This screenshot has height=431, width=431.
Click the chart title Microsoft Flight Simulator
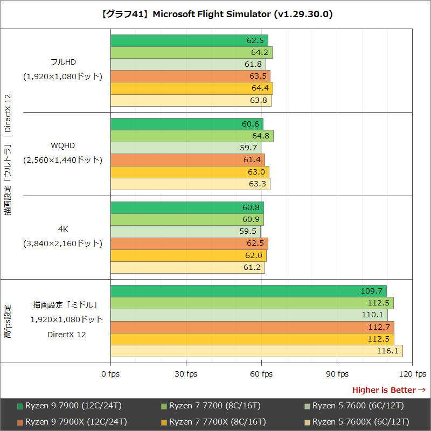[216, 15]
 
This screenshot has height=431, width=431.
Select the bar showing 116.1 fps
[256, 351]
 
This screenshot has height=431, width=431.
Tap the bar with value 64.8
[192, 136]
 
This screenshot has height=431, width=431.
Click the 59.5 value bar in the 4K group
[185, 232]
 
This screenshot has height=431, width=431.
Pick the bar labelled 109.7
[248, 291]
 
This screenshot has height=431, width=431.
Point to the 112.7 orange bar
[252, 328]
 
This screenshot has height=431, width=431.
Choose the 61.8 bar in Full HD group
[188, 65]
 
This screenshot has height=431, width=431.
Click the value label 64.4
[259, 88]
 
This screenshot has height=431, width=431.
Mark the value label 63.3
[258, 184]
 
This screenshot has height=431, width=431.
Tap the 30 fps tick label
[186, 374]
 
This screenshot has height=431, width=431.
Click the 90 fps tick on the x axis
[337, 374]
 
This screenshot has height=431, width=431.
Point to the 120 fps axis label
[413, 374]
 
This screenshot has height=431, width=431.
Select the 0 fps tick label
[111, 374]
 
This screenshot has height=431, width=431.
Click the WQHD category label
[62, 145]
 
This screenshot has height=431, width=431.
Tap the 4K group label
[62, 230]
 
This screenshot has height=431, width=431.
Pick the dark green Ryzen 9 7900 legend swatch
[20, 406]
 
